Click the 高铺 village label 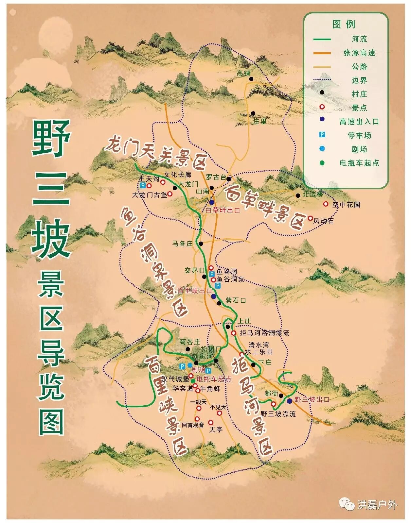[243, 74]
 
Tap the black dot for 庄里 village [253, 113]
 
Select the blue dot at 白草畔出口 [212, 202]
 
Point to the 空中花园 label [346, 205]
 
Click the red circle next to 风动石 [310, 218]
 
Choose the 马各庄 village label [183, 244]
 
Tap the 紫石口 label [236, 300]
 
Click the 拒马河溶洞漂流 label [264, 333]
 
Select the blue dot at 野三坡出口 [290, 401]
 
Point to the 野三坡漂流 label [278, 413]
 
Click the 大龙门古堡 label [150, 195]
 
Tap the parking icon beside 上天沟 [143, 185]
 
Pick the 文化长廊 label [178, 175]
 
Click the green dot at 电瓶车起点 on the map [193, 381]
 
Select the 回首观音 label [193, 425]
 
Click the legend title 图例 [344, 24]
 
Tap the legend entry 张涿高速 [359, 53]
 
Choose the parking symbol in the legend [322, 135]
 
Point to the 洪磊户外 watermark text [377, 505]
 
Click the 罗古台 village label [216, 177]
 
